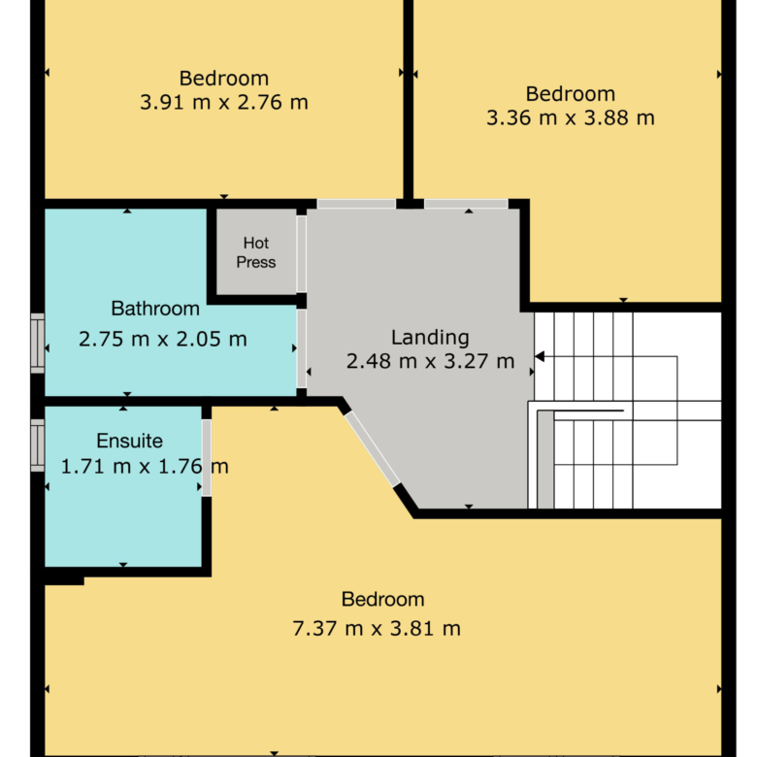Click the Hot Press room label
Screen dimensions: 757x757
pos(256,252)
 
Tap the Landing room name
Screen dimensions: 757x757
pos(430,338)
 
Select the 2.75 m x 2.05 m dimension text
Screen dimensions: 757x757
pos(163,339)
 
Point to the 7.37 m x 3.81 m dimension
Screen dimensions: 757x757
pos(377,629)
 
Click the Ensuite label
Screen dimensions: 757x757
pos(129,441)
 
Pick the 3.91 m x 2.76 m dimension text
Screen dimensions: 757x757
pos(224,102)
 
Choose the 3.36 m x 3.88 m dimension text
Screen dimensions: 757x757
pos(570,117)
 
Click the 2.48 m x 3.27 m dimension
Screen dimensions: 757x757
pos(430,361)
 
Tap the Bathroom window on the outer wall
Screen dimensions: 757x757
pos(38,344)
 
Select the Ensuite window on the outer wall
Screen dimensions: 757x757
pos(38,445)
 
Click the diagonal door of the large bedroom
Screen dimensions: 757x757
pos(373,448)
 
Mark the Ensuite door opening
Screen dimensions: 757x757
pos(206,458)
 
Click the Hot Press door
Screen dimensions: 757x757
pos(301,253)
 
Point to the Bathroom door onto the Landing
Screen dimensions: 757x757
pos(301,348)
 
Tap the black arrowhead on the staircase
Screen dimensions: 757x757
pos(540,356)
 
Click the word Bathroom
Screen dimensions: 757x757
pos(155,309)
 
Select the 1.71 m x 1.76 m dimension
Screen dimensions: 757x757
pos(145,467)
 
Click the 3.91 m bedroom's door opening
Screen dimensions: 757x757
pos(356,204)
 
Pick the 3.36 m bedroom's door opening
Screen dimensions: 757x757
pos(466,204)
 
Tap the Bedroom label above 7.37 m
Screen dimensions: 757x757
pos(382,600)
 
